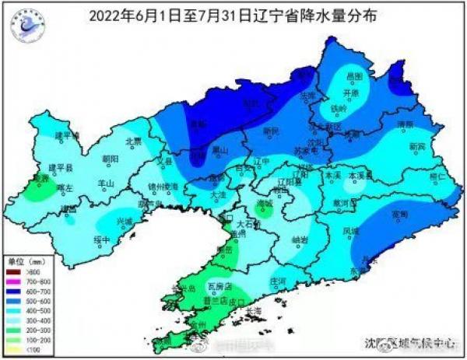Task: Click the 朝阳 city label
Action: (x=110, y=159)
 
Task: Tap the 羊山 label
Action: (x=105, y=183)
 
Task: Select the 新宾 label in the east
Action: (x=418, y=146)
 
